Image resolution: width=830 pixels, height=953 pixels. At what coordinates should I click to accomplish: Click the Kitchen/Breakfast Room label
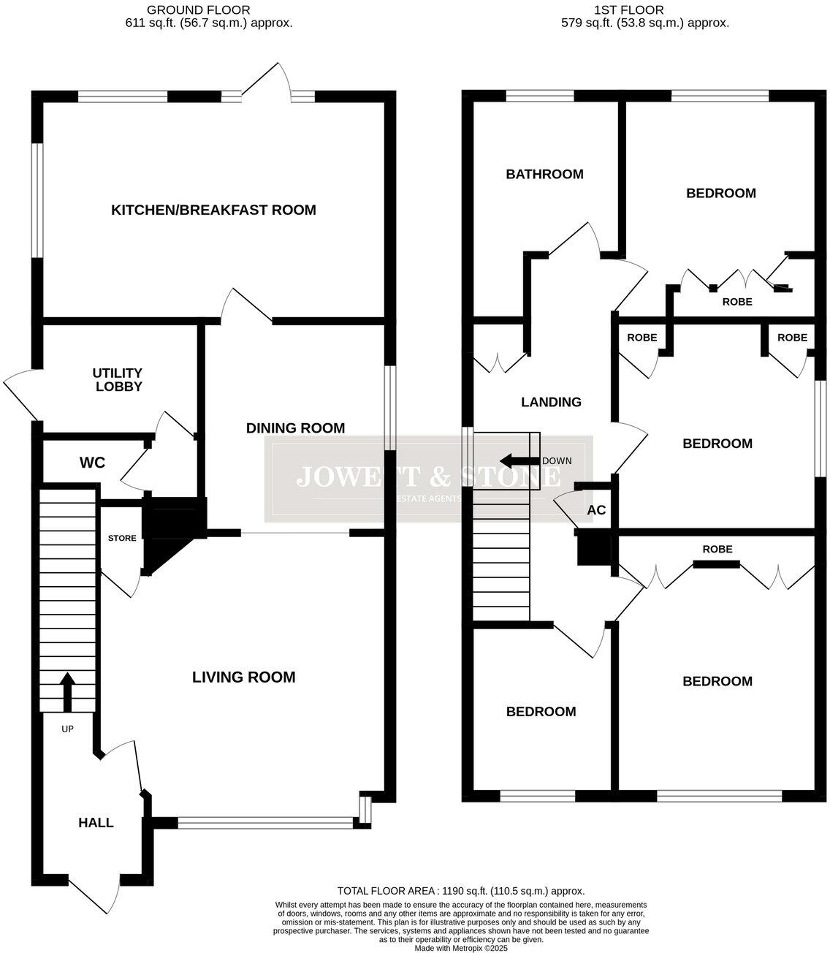pos(213,210)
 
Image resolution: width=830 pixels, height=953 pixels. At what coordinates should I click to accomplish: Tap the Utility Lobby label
pos(118,379)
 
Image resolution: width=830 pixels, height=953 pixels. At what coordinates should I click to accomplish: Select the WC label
pos(92,463)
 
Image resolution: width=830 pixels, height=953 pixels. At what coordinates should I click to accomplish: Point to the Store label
pos(122,539)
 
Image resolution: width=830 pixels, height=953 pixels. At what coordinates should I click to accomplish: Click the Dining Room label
pos(295,428)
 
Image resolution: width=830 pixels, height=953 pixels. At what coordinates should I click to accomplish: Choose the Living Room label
pos(243,677)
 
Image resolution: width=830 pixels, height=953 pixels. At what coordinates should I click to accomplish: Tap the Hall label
pos(96,823)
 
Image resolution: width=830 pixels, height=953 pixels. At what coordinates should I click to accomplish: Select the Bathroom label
pos(544,174)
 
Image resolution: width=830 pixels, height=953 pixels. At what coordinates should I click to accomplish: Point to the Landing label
pos(551,402)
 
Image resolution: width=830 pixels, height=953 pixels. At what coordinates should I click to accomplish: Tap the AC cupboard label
pos(596,510)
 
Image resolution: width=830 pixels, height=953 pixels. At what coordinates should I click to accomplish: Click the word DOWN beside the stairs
pos(557,461)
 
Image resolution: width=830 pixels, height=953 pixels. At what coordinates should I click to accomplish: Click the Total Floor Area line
pos(460,891)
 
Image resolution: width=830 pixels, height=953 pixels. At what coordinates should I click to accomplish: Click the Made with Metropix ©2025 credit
pos(460,948)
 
